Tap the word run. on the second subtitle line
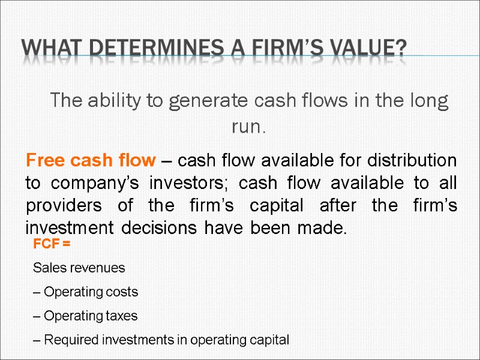coord(248,127)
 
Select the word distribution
coord(412,161)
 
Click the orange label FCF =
coord(52,245)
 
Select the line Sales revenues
coord(79,268)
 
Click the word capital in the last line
coord(269,340)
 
